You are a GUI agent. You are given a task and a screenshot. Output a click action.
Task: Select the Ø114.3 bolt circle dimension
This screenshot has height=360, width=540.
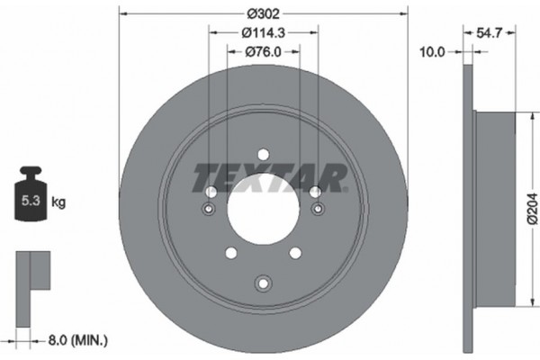[x=264, y=34]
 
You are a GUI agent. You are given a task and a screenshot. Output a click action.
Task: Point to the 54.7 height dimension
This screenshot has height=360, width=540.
[x=490, y=33]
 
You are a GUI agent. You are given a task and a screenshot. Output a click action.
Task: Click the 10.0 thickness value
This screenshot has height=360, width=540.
[x=434, y=51]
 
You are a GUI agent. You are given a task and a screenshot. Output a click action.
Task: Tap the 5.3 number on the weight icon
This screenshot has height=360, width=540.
[x=30, y=202]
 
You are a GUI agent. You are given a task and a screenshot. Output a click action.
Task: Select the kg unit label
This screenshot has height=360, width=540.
[x=58, y=202]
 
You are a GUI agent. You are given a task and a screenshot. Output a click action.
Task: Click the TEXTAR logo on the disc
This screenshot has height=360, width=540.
[x=270, y=175]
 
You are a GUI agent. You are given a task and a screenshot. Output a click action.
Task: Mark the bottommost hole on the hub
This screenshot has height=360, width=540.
[x=263, y=283]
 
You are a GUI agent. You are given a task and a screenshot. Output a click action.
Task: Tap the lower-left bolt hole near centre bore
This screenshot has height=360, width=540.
[x=231, y=252]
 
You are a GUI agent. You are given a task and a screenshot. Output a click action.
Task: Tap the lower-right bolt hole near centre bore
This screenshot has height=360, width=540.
[x=294, y=252]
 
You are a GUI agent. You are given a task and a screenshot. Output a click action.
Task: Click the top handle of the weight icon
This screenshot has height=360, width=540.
[x=30, y=172]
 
